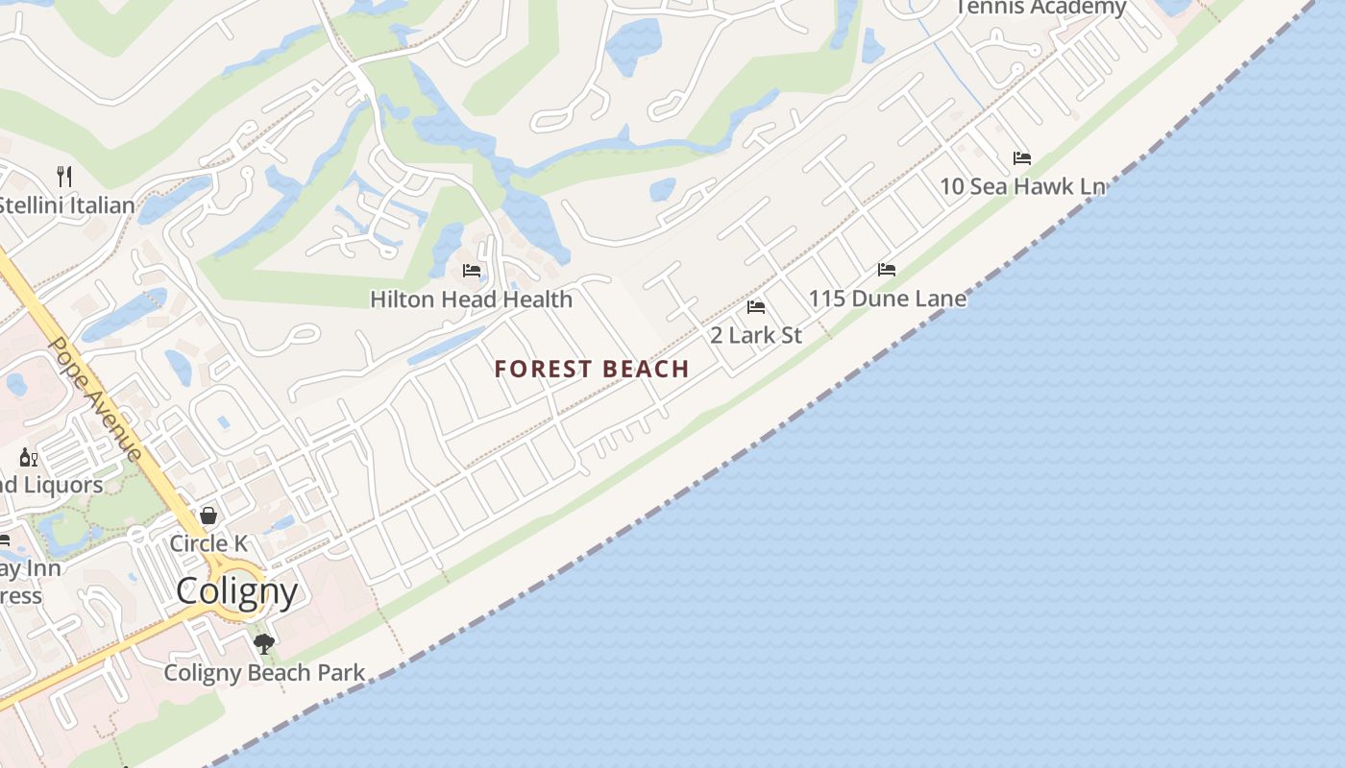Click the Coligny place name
(x=236, y=590)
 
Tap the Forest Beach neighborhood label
(x=592, y=369)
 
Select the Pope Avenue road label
(x=95, y=399)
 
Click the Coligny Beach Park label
(x=264, y=672)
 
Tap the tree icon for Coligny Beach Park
(x=264, y=643)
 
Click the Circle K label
(x=208, y=543)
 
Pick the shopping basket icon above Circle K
(x=208, y=516)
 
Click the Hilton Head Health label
(x=471, y=299)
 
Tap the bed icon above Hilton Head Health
(x=471, y=271)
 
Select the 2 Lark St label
(x=755, y=335)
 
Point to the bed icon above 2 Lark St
(x=756, y=307)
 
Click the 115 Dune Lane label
(x=887, y=299)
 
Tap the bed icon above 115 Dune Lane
(x=887, y=270)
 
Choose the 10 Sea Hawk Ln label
(x=1021, y=186)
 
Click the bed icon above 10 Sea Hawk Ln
(x=1021, y=157)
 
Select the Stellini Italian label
(x=65, y=204)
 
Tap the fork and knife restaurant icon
(x=64, y=176)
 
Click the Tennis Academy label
(x=1039, y=8)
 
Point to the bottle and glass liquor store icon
(x=29, y=457)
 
